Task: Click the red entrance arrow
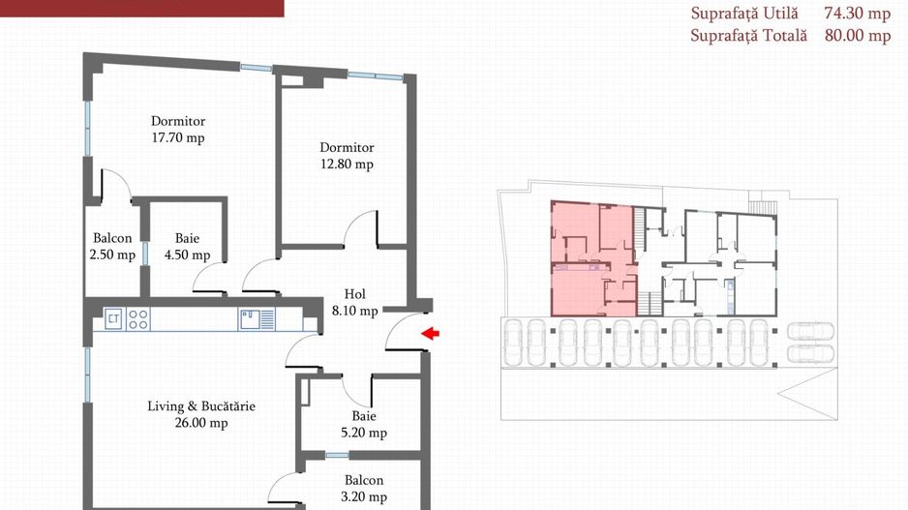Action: [x=430, y=334]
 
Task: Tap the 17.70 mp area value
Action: [x=178, y=138]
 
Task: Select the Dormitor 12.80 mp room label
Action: [x=347, y=156]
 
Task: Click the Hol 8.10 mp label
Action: [x=355, y=303]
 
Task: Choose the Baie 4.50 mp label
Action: [x=187, y=247]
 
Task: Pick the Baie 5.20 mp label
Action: [x=364, y=424]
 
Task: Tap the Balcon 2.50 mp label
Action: [x=112, y=247]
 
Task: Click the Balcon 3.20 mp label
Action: [x=364, y=489]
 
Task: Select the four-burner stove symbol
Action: [x=137, y=319]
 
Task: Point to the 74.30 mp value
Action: [x=857, y=14]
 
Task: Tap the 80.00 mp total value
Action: [x=858, y=35]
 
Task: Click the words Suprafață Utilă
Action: [x=744, y=14]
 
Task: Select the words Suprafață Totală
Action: [x=748, y=35]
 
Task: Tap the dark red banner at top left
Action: [x=142, y=8]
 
